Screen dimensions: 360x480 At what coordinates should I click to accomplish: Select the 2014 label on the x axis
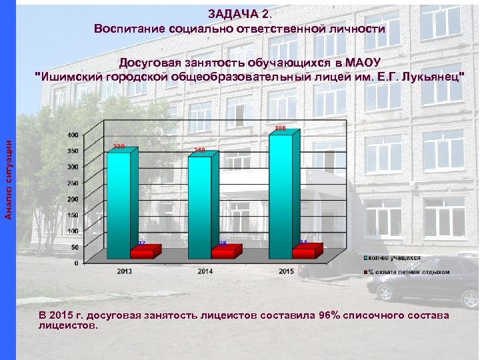tap(206, 271)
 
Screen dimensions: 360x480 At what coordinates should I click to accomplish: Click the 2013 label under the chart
tap(125, 271)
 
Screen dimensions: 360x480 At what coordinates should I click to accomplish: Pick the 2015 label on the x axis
tap(286, 271)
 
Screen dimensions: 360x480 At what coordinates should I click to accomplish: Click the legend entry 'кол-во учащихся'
tap(394, 257)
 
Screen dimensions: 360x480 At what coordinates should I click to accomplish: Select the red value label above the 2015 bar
tap(281, 127)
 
